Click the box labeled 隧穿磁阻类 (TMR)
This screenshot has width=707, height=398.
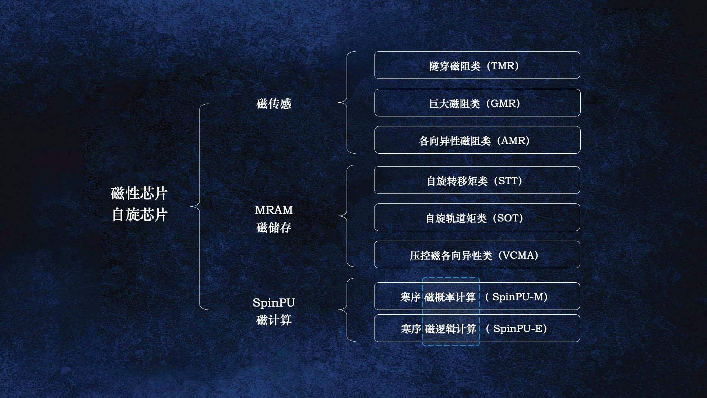click(x=477, y=65)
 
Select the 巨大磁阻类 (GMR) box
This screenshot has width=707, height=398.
click(x=477, y=103)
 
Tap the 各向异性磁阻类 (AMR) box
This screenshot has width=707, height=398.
click(x=477, y=140)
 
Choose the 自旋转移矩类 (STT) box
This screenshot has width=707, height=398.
click(x=477, y=180)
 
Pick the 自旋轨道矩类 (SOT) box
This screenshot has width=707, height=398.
click(x=477, y=217)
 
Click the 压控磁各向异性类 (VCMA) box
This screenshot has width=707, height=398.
click(x=477, y=255)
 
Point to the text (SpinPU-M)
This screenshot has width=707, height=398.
click(x=516, y=297)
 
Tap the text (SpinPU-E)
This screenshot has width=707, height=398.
click(x=516, y=329)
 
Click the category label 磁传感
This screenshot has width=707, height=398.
click(x=274, y=104)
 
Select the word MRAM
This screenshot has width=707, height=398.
click(x=274, y=210)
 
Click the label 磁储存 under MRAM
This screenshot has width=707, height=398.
click(x=274, y=227)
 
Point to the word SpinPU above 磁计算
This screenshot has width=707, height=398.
click(x=274, y=303)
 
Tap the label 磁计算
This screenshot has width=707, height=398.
click(x=274, y=320)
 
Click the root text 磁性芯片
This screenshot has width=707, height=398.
click(x=139, y=193)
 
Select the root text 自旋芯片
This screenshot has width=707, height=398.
click(x=139, y=215)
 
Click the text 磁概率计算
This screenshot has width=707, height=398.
click(x=450, y=297)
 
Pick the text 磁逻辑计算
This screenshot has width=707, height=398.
click(x=451, y=329)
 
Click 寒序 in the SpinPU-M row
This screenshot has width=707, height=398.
click(x=410, y=297)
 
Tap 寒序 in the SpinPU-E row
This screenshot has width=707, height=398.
click(x=411, y=329)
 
